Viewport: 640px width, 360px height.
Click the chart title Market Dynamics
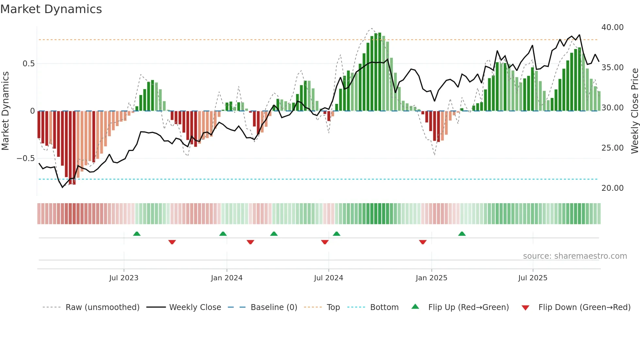point(51,9)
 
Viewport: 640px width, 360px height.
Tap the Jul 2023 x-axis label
point(124,278)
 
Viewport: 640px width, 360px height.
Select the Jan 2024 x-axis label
point(227,278)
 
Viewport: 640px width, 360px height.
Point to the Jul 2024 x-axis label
point(328,278)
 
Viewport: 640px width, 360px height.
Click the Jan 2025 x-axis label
point(431,278)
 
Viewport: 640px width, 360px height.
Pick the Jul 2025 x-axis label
point(533,278)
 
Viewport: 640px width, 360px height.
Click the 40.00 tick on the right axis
point(612,27)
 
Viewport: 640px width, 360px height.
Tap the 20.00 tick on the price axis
point(612,188)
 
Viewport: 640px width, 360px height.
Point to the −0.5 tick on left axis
point(25,158)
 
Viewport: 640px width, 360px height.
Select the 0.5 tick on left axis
point(28,64)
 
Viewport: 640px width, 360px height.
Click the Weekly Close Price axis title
point(634,111)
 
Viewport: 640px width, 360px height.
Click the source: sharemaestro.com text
point(575,256)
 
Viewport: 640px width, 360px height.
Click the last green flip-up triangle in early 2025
point(462,234)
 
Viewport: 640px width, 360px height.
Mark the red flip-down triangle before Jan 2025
point(423,242)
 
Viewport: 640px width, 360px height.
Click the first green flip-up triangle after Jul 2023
point(137,234)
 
